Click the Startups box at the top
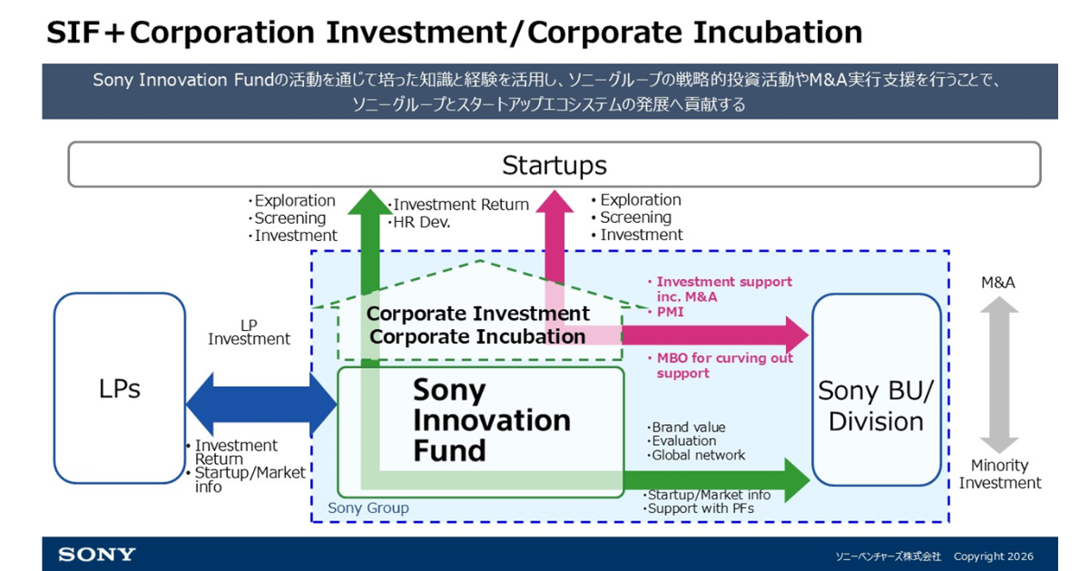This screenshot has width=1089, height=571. point(554,165)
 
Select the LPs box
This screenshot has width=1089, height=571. point(120,388)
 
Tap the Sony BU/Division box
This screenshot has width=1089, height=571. point(877,390)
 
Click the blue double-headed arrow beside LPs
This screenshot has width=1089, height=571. point(261,404)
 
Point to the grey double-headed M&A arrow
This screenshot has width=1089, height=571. point(999,374)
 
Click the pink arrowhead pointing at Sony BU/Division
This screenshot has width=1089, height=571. point(797,335)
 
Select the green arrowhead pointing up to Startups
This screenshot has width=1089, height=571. point(370,202)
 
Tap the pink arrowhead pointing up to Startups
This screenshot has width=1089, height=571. point(554,201)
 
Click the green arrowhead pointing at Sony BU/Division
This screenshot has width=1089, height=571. point(797,480)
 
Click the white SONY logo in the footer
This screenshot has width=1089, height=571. point(97,555)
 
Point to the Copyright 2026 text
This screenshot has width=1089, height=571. point(993,556)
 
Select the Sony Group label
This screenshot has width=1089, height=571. point(368,508)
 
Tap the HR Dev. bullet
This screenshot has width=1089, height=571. point(419,222)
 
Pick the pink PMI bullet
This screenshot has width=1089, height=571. point(666,312)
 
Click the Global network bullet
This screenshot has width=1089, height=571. point(696,455)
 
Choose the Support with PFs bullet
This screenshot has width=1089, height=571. point(699,508)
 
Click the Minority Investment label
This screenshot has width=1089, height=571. point(999,474)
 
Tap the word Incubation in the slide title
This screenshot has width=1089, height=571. point(778,33)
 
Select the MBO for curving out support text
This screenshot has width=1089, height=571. point(720,365)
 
